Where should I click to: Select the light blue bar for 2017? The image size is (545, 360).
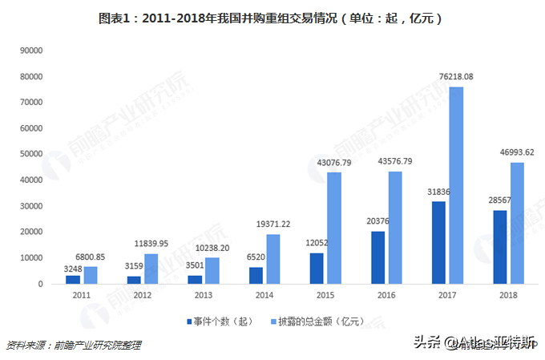[x=456, y=184]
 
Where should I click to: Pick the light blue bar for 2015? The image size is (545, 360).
[x=334, y=228]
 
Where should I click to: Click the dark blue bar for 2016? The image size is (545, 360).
[x=378, y=257]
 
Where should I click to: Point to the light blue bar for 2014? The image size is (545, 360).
[x=273, y=258]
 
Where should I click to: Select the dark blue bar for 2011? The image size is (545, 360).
[x=73, y=279]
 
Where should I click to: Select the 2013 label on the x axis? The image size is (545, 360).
[x=203, y=294]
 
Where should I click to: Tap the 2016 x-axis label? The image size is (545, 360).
[x=387, y=294]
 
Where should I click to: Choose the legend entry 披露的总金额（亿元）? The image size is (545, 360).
[x=321, y=322]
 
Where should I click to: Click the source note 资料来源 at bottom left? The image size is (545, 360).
[x=73, y=345]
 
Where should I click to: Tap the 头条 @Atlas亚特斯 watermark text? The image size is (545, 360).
[x=477, y=344]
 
